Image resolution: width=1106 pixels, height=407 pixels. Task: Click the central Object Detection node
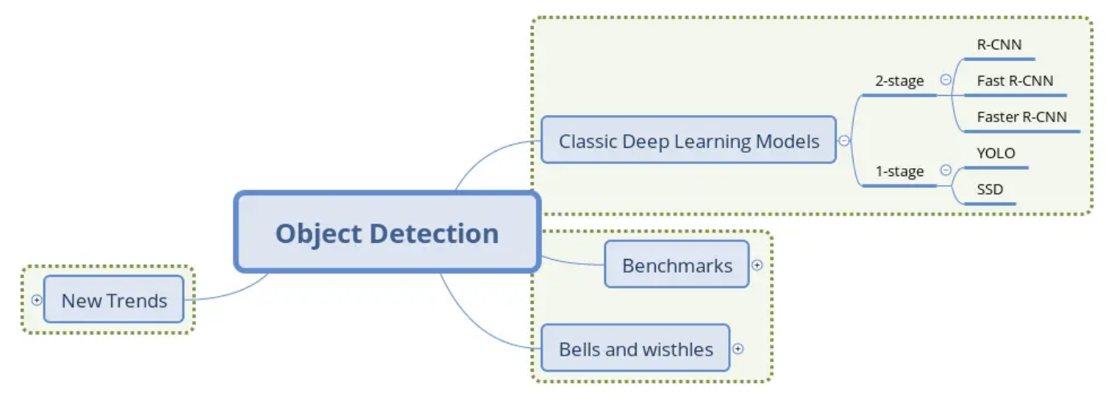pyautogui.click(x=387, y=232)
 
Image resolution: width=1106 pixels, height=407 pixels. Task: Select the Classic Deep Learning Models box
pyautogui.click(x=688, y=141)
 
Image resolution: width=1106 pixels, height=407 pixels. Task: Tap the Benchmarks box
pyautogui.click(x=677, y=265)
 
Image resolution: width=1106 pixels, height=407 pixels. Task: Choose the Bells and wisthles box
pyautogui.click(x=635, y=348)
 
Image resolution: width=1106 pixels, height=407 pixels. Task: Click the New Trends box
pyautogui.click(x=114, y=300)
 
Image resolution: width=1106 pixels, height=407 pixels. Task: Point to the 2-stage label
pyautogui.click(x=899, y=80)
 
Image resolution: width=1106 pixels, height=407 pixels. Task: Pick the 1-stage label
pyautogui.click(x=899, y=171)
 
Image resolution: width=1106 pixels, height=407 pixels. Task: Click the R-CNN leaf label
pyautogui.click(x=999, y=45)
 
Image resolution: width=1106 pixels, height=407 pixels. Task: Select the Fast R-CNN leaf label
pyautogui.click(x=1014, y=80)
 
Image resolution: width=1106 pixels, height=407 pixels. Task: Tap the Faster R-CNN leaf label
pyautogui.click(x=1022, y=117)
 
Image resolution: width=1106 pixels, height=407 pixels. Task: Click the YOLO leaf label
pyautogui.click(x=996, y=153)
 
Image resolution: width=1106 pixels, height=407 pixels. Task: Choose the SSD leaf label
pyautogui.click(x=989, y=190)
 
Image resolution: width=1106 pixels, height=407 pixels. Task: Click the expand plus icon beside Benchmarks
pyautogui.click(x=757, y=265)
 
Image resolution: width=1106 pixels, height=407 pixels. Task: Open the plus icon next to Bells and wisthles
pyautogui.click(x=738, y=349)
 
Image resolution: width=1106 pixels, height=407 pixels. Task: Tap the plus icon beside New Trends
pyautogui.click(x=36, y=300)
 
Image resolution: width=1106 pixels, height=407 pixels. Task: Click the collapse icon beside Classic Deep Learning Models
pyautogui.click(x=844, y=141)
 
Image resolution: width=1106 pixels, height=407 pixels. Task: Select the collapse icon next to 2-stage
pyautogui.click(x=945, y=80)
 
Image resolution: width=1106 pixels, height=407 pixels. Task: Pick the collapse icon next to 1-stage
pyautogui.click(x=945, y=171)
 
